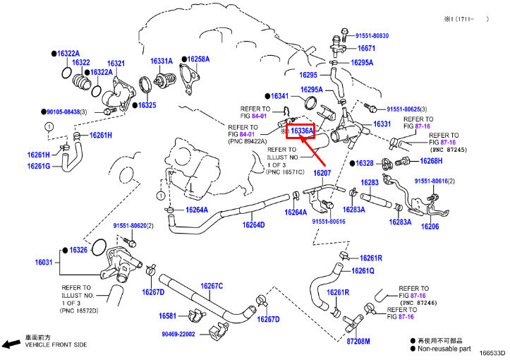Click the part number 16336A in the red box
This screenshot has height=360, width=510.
click(302, 131)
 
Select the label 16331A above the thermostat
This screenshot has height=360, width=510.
click(162, 61)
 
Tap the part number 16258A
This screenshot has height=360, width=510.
click(198, 59)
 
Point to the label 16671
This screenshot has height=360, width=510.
click(366, 48)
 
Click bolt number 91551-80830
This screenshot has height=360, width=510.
click(372, 36)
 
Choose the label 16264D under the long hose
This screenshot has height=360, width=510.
click(253, 225)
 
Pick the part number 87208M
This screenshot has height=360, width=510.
click(358, 342)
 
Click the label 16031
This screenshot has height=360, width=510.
click(44, 262)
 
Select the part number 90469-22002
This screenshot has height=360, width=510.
click(178, 335)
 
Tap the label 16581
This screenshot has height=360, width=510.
click(167, 316)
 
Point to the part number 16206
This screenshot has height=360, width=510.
click(430, 227)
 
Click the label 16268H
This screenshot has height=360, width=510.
click(431, 161)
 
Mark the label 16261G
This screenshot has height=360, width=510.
click(39, 166)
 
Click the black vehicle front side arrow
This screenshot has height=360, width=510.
click(11, 344)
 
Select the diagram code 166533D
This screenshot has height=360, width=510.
click(492, 354)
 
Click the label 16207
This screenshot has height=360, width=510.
click(322, 173)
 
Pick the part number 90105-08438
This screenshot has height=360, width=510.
click(63, 112)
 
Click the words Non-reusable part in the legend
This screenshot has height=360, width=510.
click(444, 349)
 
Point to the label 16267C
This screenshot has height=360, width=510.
click(212, 286)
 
